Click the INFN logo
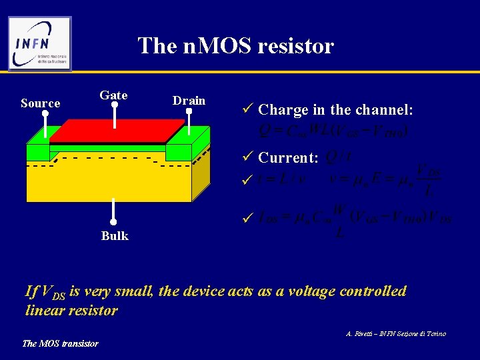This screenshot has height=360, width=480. click(x=39, y=43)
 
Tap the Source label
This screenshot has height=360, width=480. click(x=41, y=103)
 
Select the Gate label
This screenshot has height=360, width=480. click(x=113, y=95)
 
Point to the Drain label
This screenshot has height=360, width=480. click(x=189, y=101)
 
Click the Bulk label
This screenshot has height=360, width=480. click(x=115, y=235)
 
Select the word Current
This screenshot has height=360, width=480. click(x=289, y=158)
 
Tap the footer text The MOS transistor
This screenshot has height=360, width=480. click(x=61, y=343)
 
